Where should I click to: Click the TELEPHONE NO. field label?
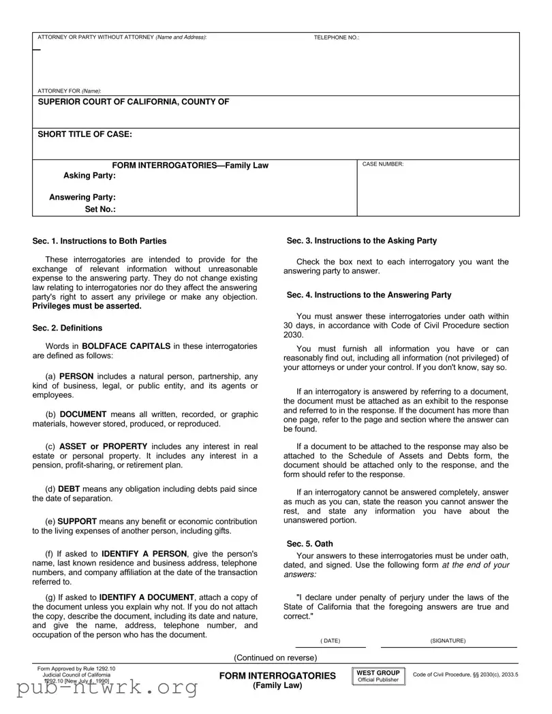point(336,37)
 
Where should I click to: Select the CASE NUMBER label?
point(382,164)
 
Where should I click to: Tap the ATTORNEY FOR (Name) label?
point(69,91)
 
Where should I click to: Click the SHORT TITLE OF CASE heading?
point(85,134)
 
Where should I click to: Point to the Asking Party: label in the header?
point(89,176)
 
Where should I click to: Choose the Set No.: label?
point(99,210)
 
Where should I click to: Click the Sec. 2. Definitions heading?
point(67,328)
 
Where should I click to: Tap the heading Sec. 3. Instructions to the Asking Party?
point(361,240)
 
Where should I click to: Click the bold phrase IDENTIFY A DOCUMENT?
point(148,597)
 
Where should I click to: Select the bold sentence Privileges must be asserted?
point(87,306)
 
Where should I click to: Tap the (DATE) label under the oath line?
point(330,641)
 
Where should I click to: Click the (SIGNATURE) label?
point(448,641)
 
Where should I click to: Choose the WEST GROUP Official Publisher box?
point(378,676)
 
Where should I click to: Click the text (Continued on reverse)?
point(275,657)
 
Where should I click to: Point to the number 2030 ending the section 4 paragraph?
point(293,335)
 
